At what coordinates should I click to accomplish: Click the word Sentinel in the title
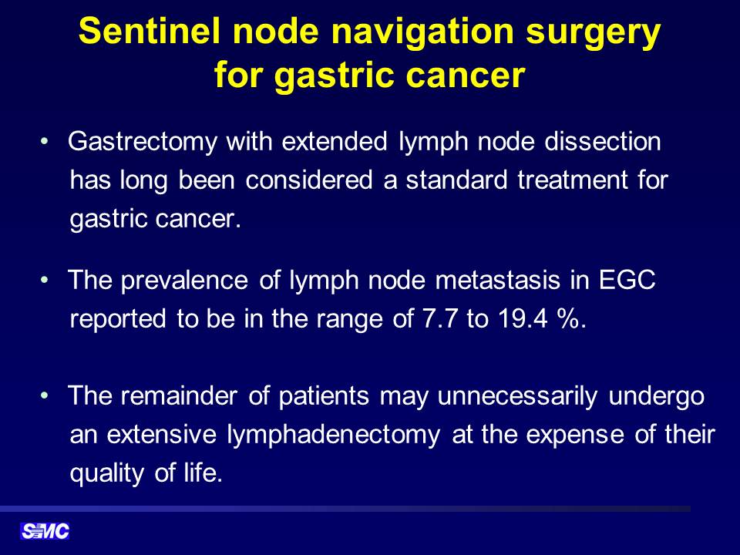point(150,31)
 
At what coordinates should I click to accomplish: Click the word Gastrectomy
point(143,142)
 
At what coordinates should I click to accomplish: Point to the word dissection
point(603,141)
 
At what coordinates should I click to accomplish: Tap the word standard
point(456,180)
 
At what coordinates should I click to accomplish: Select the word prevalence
point(184,281)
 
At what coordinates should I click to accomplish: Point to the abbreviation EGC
point(627,280)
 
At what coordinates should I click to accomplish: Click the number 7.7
point(440,318)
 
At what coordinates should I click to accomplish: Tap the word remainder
point(179,395)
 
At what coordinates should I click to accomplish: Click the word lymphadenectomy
point(334,435)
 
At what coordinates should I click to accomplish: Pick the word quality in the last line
point(106,473)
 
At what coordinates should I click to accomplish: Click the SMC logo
point(45,531)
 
